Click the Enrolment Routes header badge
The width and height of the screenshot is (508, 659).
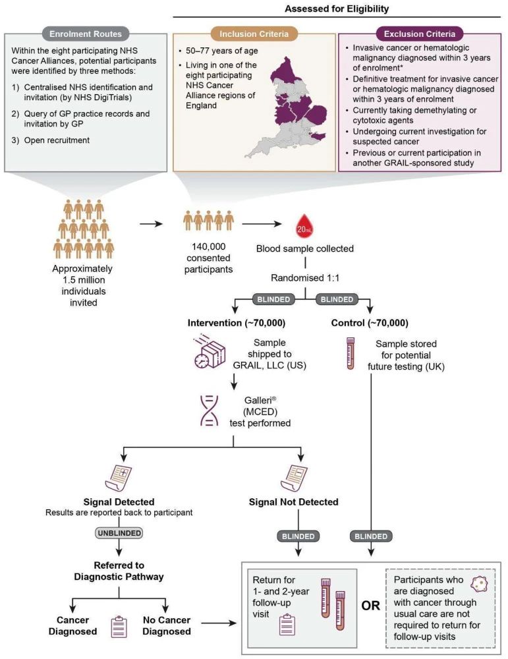pos(85,34)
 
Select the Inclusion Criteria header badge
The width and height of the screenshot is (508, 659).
pos(254,34)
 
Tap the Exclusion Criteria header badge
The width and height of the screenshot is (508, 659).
pos(419,34)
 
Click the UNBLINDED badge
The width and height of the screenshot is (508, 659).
pos(119,533)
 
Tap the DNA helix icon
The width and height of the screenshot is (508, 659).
pos(210,411)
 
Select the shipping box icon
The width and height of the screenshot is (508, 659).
pos(210,352)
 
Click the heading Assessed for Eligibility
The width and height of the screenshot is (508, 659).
pos(337,9)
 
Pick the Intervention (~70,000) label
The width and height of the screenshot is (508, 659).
pos(236,323)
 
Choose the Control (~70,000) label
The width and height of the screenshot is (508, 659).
pos(370,323)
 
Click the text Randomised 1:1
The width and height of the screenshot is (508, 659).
pos(305,278)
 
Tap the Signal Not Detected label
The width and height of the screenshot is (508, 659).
pos(293,501)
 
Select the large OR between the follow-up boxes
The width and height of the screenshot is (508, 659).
pos(370,606)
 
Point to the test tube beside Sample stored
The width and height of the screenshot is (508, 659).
pos(351,353)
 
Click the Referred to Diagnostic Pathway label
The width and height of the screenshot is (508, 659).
pos(119,571)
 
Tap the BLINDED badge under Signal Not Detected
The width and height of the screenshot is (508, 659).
pos(298,536)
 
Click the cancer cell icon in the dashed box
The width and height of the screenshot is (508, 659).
pos(479,584)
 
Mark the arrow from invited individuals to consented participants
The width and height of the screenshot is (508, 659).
pos(151,224)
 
